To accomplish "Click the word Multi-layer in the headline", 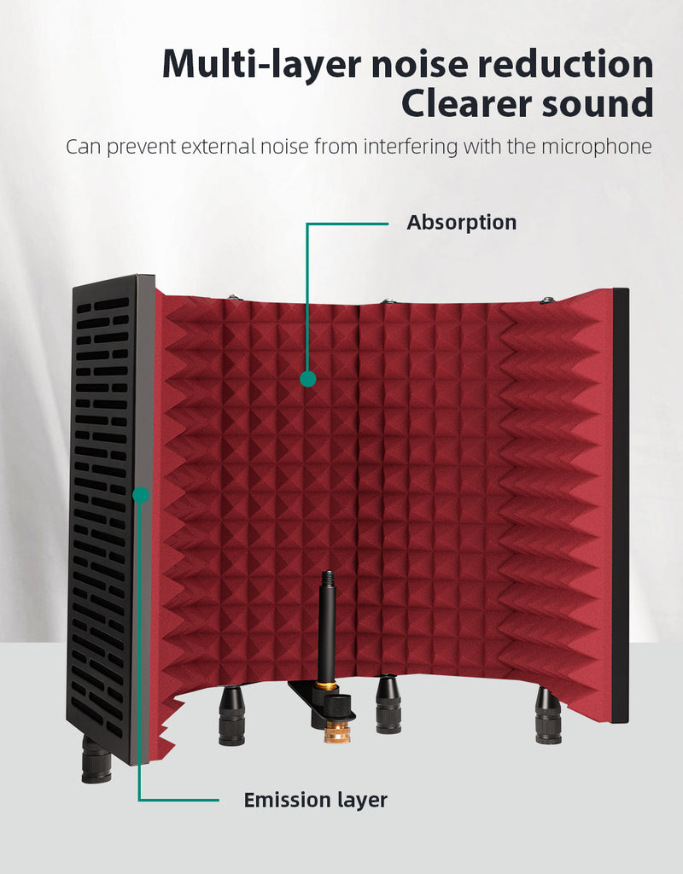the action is tap(261, 65).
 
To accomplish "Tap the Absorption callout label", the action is tap(462, 223).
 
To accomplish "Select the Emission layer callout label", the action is tap(316, 800).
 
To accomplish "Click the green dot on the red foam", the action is tap(307, 379).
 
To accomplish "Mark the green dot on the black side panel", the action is tap(141, 494).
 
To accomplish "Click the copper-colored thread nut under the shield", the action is tap(334, 730).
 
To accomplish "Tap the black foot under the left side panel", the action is tap(96, 760).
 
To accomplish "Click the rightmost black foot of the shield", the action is tap(549, 716).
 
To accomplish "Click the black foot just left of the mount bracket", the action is tap(232, 716).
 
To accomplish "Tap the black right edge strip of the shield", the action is tap(621, 505).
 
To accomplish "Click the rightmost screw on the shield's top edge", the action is tap(547, 300).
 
